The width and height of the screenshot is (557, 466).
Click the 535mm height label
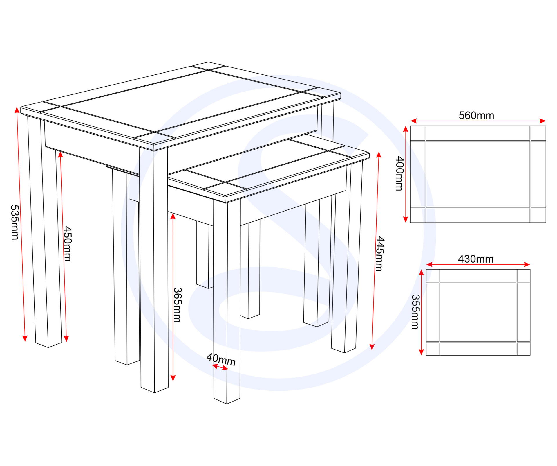pos(15,222)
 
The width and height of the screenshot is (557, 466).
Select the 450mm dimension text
pos(68,244)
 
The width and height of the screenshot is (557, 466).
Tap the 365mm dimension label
pos(177,305)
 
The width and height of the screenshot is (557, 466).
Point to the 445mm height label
pos(380,254)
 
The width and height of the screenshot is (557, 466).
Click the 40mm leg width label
pos(221,360)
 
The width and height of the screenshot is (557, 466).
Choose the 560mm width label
pos(476,116)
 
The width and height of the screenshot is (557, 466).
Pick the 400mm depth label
pos(400,173)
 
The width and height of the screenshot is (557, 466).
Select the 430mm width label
pos(476,259)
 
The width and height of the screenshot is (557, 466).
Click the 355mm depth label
pos(415,312)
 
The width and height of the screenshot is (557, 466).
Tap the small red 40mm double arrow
pos(220,368)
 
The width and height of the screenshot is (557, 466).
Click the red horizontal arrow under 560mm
pos(478,121)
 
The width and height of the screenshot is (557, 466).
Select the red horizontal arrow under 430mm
pos(478,264)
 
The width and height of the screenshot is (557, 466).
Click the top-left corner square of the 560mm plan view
pos(418,133)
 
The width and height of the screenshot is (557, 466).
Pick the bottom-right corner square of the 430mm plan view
pos(524,349)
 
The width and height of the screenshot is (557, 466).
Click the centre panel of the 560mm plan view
pos(478,174)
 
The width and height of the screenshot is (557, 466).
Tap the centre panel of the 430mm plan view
pos(478,312)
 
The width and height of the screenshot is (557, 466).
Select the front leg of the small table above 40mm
pos(227,302)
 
